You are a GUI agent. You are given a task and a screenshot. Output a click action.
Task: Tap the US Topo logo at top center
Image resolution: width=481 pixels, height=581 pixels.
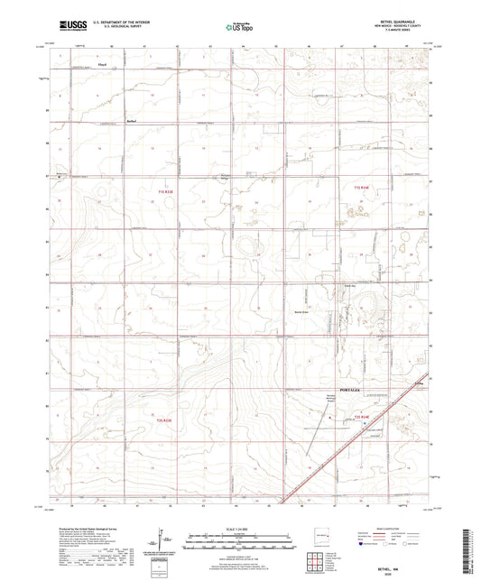[x=239, y=27]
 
